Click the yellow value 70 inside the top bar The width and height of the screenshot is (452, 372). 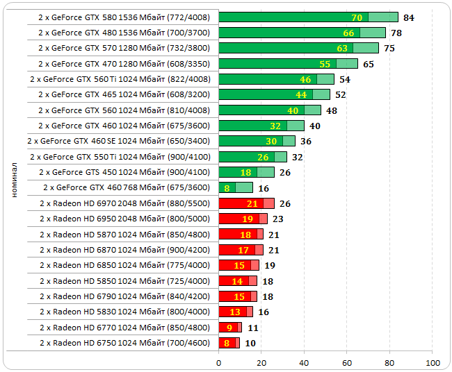pos(357,17)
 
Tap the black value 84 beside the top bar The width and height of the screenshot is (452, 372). pos(409,17)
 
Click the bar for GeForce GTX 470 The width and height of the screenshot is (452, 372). pos(288,64)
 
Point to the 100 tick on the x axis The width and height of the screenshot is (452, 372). pos(433,362)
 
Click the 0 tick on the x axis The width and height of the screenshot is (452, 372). pos(218,362)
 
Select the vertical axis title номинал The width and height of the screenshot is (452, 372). pos(15,180)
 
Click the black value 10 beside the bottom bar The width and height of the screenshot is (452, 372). pos(250,343)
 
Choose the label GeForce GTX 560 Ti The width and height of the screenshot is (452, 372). pos(120,79)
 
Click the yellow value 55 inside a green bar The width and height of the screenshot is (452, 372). pos(325,64)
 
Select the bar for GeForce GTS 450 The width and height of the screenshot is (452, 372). pos(246,172)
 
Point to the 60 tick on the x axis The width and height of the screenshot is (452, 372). pos(347,362)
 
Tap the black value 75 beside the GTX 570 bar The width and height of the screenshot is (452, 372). pos(389,49)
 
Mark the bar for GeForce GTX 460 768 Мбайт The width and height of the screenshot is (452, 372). pos(235,187)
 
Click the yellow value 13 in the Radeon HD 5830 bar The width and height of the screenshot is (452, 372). pos(234,312)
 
